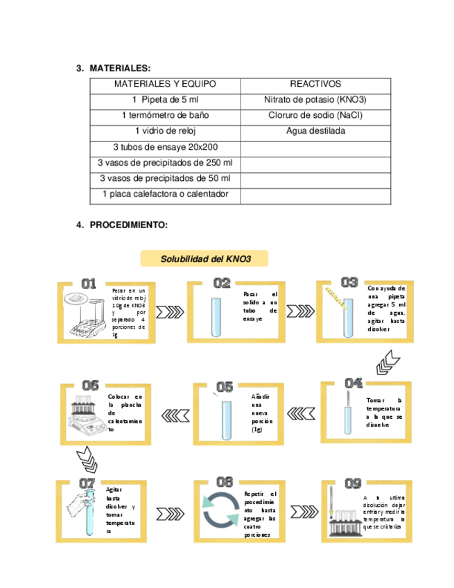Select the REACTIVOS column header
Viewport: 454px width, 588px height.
click(315, 84)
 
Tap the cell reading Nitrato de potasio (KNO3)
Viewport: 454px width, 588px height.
click(315, 99)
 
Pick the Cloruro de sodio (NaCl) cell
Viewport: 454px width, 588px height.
click(315, 115)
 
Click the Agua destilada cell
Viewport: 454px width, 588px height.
click(315, 130)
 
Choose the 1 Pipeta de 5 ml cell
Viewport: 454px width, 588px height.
click(165, 99)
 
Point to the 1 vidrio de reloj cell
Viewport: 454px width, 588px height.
click(165, 130)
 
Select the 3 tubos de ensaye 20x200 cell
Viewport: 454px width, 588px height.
click(165, 146)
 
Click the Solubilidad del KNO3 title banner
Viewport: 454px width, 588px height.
click(204, 259)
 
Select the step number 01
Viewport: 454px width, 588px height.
click(89, 283)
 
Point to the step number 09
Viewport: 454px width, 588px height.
click(353, 483)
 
